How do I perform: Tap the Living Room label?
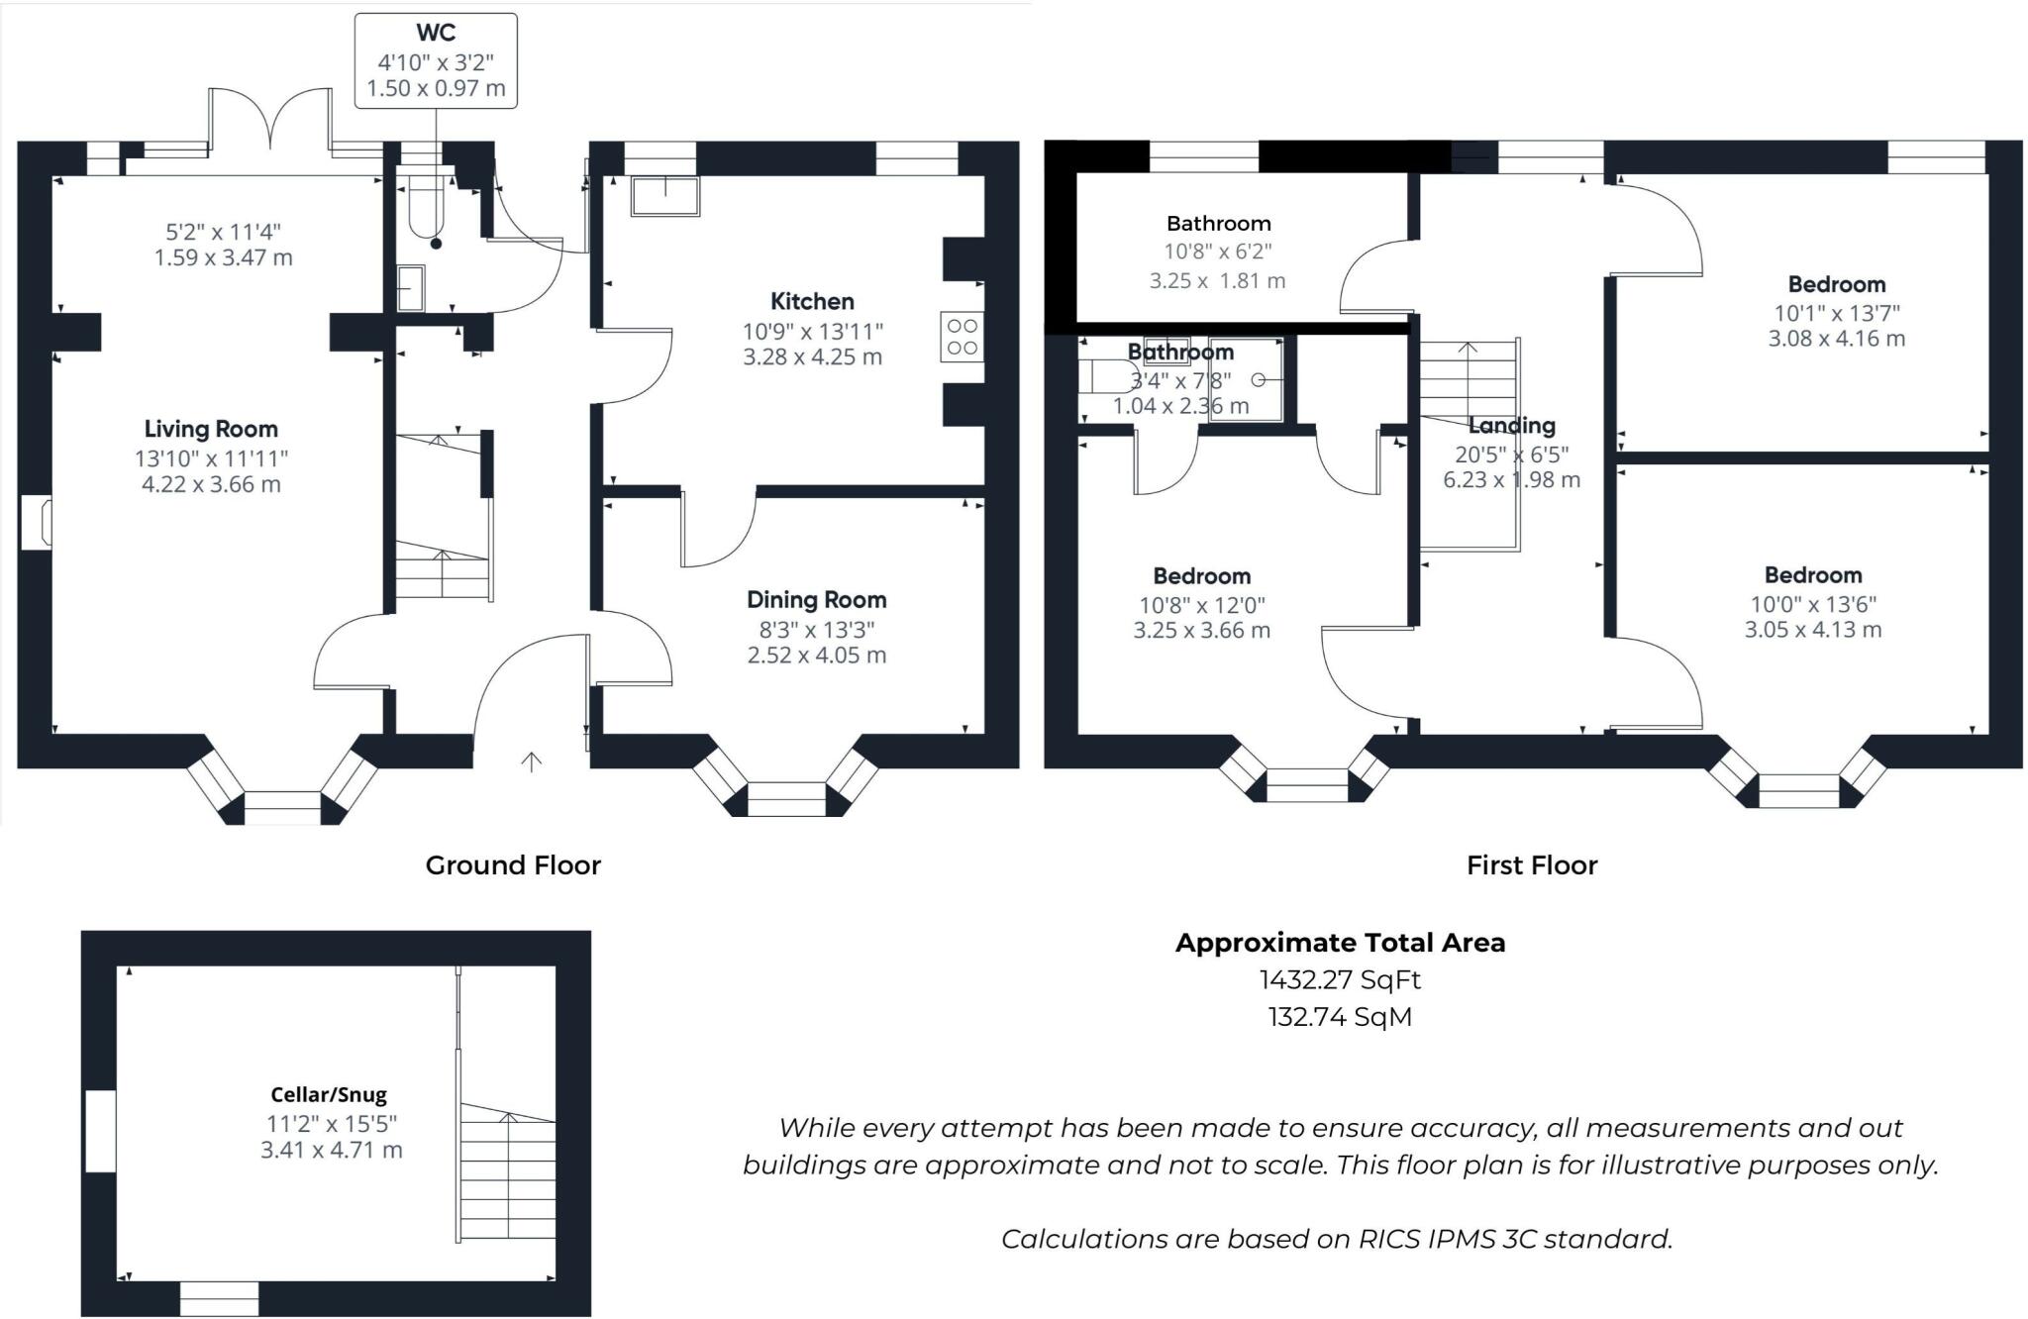[211, 429]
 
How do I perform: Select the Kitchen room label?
[812, 301]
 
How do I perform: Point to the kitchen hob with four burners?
[962, 337]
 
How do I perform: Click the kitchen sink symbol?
[665, 195]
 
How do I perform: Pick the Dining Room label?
[816, 599]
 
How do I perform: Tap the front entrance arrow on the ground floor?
[532, 761]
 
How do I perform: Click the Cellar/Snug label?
[329, 1094]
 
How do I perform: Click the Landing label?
[1511, 426]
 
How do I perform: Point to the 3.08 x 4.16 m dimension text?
[1836, 339]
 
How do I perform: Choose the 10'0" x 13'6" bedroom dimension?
[1812, 604]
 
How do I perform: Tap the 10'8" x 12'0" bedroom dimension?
[1201, 605]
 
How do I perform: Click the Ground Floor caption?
[513, 865]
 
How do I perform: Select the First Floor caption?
[1531, 865]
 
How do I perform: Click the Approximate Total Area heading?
[1340, 943]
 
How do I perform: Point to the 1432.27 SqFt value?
[1340, 979]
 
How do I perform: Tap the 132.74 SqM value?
[1340, 1017]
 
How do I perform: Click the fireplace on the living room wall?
[38, 522]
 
